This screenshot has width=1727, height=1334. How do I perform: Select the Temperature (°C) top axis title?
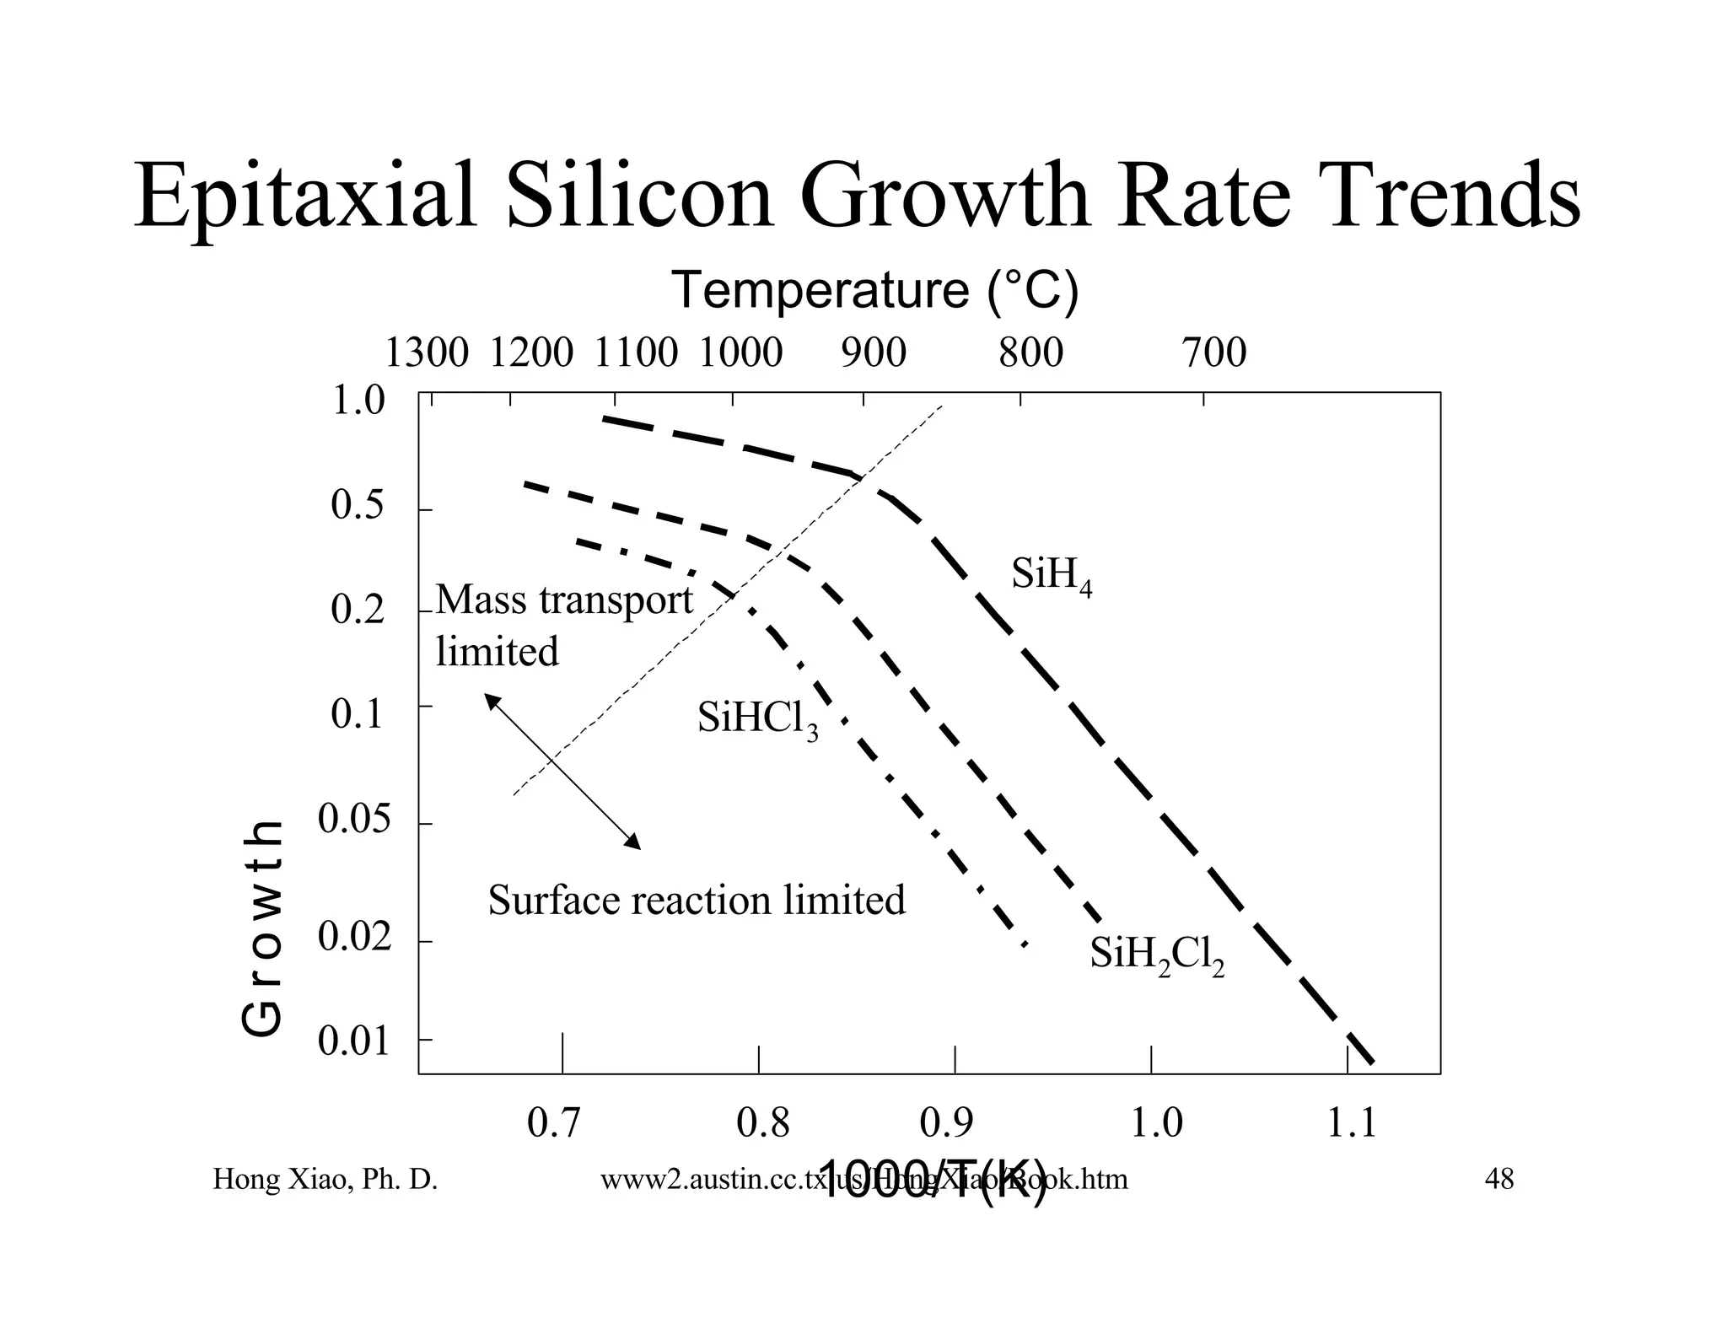click(874, 290)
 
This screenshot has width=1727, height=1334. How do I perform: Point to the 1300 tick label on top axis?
click(426, 352)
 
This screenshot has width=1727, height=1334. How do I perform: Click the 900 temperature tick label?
click(874, 352)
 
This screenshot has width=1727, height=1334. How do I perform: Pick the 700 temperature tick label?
click(1213, 352)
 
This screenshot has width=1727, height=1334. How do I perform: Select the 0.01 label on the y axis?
click(354, 1042)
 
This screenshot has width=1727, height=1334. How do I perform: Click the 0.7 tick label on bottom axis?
click(553, 1123)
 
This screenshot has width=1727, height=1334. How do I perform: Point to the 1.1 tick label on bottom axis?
click(1352, 1123)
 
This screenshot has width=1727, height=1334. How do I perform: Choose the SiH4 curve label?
click(1051, 576)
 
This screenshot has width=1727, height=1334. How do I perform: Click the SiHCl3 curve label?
click(757, 720)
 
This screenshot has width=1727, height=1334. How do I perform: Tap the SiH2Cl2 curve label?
click(1156, 955)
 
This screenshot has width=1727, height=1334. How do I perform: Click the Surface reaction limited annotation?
click(697, 900)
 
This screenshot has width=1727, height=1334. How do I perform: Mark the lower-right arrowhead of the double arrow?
click(633, 842)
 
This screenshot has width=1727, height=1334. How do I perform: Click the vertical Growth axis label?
click(261, 928)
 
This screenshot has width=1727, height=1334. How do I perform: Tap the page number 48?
click(1498, 1179)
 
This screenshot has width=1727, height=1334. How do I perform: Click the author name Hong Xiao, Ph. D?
click(325, 1179)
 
